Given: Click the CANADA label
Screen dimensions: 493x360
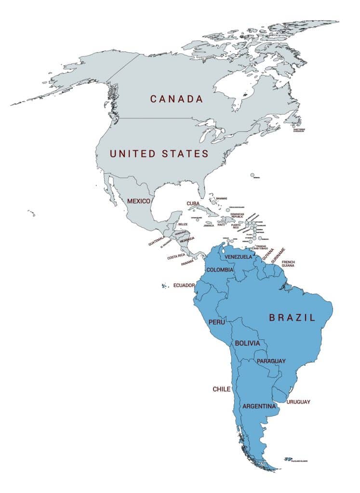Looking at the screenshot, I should tap(176, 99).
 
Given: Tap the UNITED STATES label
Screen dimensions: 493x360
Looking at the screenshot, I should tap(159, 154).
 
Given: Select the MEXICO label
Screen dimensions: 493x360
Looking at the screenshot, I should tap(138, 201).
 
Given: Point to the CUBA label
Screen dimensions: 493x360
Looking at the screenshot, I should tap(193, 204).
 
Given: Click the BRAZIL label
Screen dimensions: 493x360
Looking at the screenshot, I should tap(292, 318).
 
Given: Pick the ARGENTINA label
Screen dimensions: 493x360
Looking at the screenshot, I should tap(259, 406).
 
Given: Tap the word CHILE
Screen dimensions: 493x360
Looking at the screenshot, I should tap(222, 389).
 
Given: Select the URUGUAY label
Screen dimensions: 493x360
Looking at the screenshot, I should tap(298, 402).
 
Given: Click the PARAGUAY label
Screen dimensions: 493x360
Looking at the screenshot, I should tap(271, 361).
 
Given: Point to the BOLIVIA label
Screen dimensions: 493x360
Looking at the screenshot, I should tap(247, 343).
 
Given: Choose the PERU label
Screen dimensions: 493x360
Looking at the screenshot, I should tap(216, 322).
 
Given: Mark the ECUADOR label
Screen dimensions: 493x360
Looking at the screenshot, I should tap(184, 285).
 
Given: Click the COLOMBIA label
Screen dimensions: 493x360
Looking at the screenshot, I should tap(220, 270).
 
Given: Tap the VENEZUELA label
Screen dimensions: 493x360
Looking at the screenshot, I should tap(239, 257).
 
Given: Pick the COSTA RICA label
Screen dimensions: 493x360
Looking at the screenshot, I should tap(177, 258).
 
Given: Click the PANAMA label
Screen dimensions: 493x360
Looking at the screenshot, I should tap(187, 263).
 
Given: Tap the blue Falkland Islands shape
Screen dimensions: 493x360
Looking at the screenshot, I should tap(289, 459).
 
